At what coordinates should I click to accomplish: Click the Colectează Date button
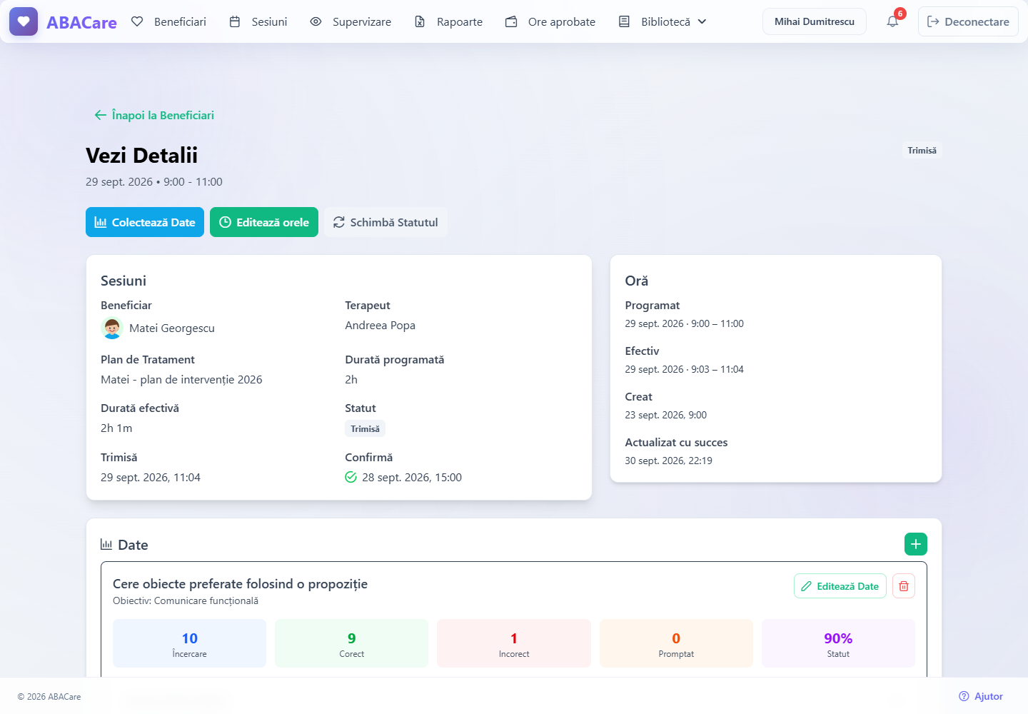[144, 222]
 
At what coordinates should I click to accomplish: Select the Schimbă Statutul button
[385, 222]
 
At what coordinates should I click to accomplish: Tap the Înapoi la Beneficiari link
[154, 115]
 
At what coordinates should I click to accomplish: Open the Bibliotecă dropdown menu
[662, 21]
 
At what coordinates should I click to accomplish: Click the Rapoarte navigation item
[448, 21]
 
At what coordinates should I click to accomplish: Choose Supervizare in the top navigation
[351, 21]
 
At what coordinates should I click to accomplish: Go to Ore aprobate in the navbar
[550, 21]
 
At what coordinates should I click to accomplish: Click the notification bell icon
[892, 21]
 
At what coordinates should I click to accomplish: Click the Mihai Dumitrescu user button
[814, 21]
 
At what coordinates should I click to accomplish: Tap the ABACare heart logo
[24, 21]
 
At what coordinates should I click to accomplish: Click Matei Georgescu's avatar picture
[111, 328]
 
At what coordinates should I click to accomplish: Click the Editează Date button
[840, 586]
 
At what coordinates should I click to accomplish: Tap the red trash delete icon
[904, 586]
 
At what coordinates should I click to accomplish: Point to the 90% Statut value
[838, 638]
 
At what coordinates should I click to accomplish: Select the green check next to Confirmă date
[351, 477]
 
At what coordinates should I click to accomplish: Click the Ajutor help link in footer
[981, 696]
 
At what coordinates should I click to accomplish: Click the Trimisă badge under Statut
[365, 428]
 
